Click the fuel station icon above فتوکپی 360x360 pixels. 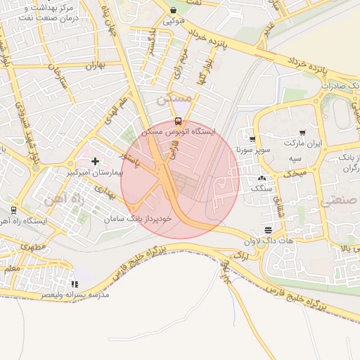[174, 11]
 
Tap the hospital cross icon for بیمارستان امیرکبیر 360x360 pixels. [95, 161]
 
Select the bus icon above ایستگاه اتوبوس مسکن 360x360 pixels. [178, 120]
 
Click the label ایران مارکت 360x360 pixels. [302, 143]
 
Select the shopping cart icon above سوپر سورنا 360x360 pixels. [252, 139]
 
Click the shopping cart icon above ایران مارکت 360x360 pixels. [302, 133]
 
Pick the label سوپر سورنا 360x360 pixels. [253, 150]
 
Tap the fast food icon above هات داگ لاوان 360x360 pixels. [268, 230]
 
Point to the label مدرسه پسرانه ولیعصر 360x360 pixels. [75, 295]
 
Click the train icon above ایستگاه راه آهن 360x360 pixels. [13, 210]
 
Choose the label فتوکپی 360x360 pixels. [174, 21]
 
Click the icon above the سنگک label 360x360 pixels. [262, 179]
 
